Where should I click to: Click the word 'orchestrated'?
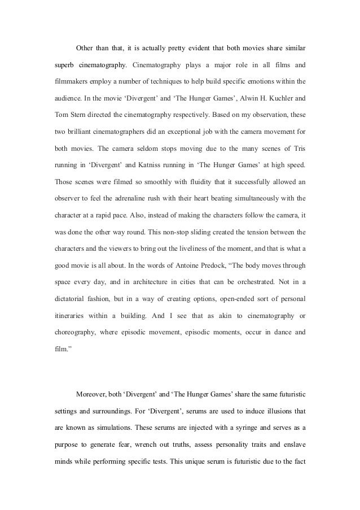232,280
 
